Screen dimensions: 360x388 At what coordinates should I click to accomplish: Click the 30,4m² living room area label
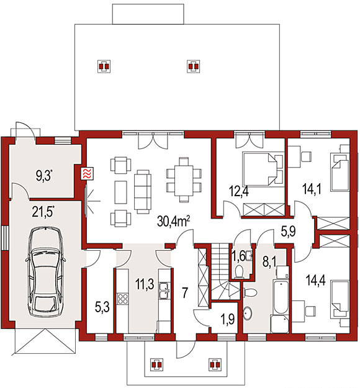coord(173,221)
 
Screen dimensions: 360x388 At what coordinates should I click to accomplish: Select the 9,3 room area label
coord(45,176)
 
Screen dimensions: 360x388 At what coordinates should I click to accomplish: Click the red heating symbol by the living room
coord(88,173)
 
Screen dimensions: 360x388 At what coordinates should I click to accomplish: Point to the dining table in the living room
coord(184,180)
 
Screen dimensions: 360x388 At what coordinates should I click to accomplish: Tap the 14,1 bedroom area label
coord(312,189)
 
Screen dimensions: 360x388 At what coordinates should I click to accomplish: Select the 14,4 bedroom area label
coord(315,280)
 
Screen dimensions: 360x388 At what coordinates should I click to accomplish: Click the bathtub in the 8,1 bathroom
coord(281,297)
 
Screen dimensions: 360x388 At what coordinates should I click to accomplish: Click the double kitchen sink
coord(164,291)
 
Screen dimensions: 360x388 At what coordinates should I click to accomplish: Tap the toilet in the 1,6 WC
coord(239,271)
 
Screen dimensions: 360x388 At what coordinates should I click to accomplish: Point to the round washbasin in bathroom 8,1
coord(248,314)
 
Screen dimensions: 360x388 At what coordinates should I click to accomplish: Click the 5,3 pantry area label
coord(102,308)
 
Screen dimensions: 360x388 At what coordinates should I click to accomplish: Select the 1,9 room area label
coord(227,320)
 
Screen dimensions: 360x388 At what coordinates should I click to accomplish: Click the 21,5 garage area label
coord(43,212)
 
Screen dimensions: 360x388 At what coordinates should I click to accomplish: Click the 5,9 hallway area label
coord(289,232)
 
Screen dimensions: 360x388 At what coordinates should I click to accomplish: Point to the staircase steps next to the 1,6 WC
coord(220,271)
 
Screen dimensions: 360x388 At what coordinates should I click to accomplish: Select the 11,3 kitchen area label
coord(145,284)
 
